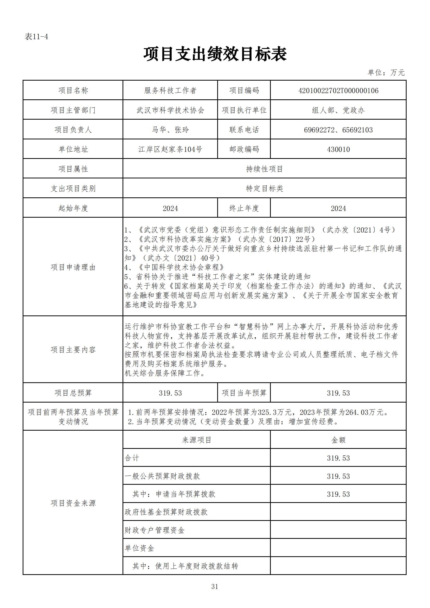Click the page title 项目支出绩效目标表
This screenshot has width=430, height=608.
pos(215,55)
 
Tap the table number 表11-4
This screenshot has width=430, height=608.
pos(36,37)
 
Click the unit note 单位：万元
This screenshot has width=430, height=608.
pos(386,73)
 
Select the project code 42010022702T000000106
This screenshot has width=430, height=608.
pos(338,90)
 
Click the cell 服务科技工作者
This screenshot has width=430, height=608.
pos(170,90)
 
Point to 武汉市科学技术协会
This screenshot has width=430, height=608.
pos(170,110)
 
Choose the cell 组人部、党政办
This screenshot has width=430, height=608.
pos(338,110)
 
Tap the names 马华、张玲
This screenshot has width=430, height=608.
pos(170,130)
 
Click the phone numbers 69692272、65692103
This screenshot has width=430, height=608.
pos(338,130)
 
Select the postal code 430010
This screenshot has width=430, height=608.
pos(338,149)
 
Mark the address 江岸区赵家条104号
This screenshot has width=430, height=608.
pos(170,149)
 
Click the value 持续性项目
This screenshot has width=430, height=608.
pos(264,169)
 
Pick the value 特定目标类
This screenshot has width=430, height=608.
pos(264,189)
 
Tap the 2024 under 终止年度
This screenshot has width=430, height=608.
pos(338,208)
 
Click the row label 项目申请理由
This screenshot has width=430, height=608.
pos(73,267)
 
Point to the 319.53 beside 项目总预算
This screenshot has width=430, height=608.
pos(170,393)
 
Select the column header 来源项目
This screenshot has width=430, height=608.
pos(197,440)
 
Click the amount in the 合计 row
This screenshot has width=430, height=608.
pos(338,458)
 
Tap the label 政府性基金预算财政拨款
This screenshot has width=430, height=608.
pos(166,512)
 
